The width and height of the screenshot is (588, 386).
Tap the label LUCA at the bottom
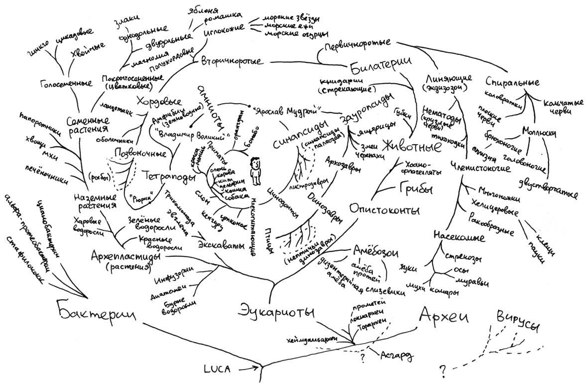(217, 369)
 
